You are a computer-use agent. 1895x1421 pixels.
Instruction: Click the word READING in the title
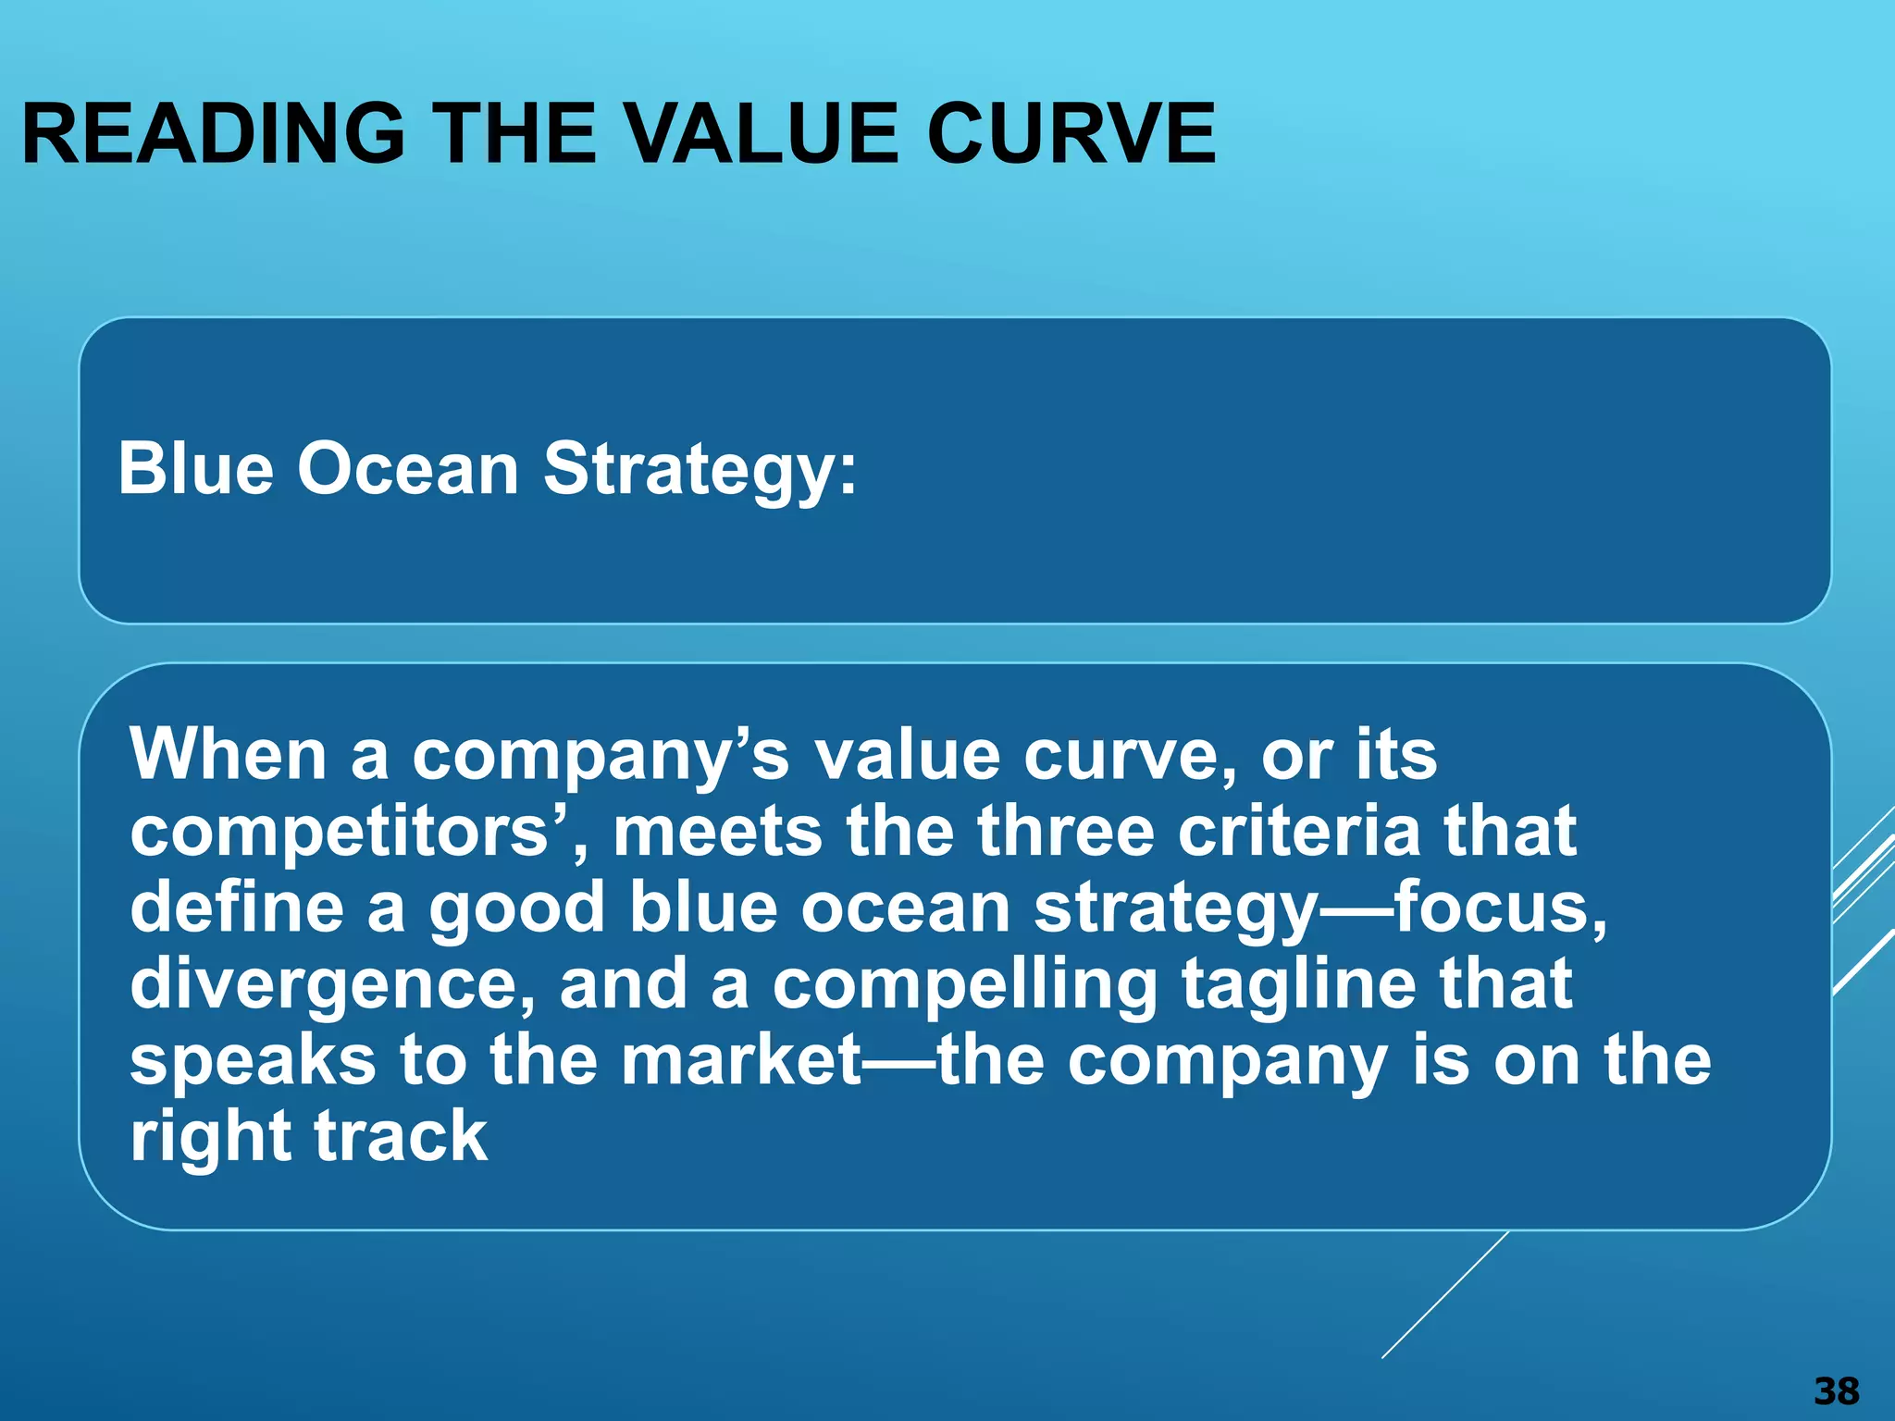point(213,134)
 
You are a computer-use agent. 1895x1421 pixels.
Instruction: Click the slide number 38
point(1836,1391)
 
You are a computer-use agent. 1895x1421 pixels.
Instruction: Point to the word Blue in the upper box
point(195,468)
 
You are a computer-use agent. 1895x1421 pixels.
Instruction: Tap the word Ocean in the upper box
point(407,468)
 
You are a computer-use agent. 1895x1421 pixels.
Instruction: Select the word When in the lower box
point(228,754)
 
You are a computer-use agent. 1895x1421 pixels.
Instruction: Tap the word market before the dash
point(740,1059)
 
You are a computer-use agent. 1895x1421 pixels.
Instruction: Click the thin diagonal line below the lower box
point(1443,1295)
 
